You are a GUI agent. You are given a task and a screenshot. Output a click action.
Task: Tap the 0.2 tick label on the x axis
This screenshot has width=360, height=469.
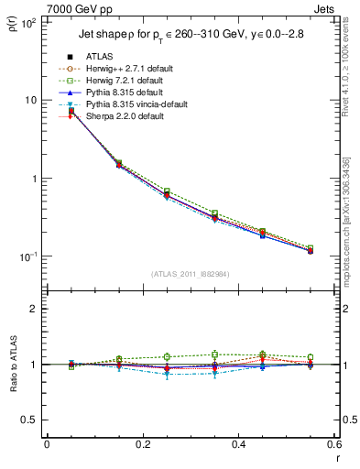pyautogui.click(x=142, y=444)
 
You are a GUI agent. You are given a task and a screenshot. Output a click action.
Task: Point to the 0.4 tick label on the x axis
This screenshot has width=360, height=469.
pyautogui.click(x=238, y=444)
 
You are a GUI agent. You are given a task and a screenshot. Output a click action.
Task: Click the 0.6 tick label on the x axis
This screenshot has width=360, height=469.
pyautogui.click(x=333, y=444)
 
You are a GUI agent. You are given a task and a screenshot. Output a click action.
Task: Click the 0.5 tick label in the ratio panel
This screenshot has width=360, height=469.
pyautogui.click(x=30, y=420)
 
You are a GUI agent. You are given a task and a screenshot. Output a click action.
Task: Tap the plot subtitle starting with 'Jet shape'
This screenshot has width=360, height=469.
pyautogui.click(x=191, y=37)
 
